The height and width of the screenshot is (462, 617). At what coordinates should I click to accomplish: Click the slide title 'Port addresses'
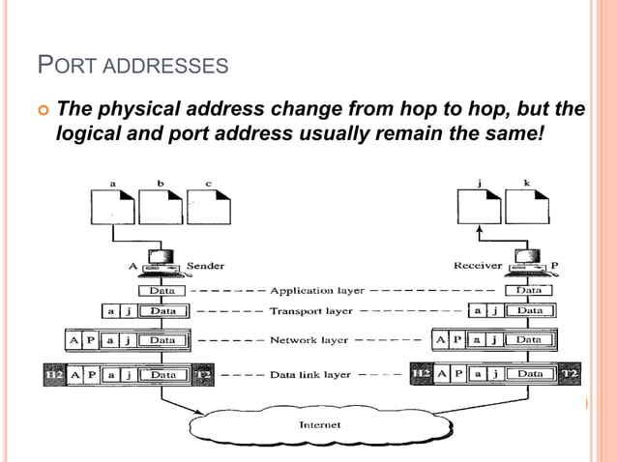tap(132, 67)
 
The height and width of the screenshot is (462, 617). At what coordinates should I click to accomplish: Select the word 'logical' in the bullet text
tap(91, 132)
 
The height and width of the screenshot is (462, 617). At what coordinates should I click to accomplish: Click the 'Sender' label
tap(205, 266)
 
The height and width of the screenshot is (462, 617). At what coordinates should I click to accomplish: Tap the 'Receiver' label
tap(478, 266)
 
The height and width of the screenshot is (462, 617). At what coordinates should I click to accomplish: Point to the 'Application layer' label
tap(316, 290)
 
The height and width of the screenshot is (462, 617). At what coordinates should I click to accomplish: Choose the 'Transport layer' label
tap(310, 311)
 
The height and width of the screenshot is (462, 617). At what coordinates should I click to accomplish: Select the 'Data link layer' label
tap(309, 373)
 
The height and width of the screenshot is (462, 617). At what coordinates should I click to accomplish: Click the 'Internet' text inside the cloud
tap(320, 424)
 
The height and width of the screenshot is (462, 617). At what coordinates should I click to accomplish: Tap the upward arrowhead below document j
tap(480, 231)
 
